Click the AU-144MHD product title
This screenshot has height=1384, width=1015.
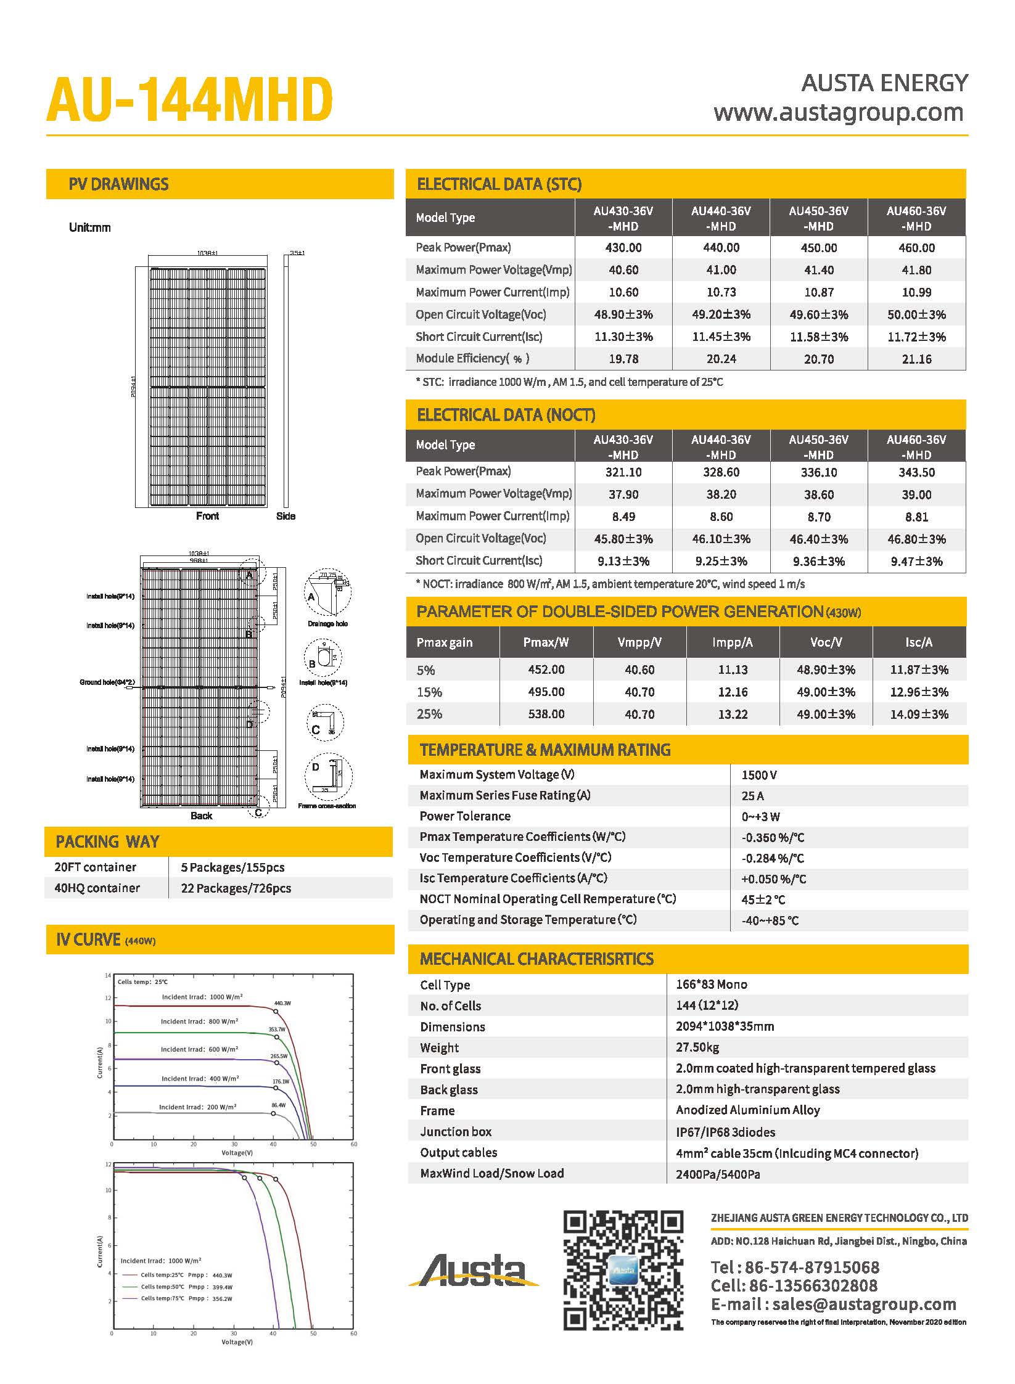(x=189, y=100)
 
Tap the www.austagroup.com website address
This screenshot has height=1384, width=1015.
(x=838, y=113)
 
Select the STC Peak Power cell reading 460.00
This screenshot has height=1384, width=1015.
(x=916, y=248)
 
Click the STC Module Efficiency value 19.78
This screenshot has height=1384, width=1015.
(x=623, y=359)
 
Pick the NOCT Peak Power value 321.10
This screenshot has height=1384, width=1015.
(x=623, y=472)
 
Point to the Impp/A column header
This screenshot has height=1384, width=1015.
(x=733, y=642)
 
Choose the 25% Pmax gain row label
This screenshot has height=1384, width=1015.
(x=429, y=714)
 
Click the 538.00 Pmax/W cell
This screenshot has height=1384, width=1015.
(x=546, y=714)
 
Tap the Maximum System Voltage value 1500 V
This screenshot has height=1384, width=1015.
(x=759, y=775)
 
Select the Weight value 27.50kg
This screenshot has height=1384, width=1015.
(x=697, y=1047)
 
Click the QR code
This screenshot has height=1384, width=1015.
(x=623, y=1270)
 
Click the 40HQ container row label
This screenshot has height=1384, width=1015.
(x=97, y=888)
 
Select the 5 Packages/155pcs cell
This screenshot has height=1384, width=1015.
(x=232, y=867)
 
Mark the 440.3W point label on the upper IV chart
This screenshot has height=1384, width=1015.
(x=282, y=1004)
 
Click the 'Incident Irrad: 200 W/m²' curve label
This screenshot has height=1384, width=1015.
(x=197, y=1107)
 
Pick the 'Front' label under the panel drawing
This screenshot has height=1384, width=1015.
(x=207, y=516)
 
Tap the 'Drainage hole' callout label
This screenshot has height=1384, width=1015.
(x=327, y=624)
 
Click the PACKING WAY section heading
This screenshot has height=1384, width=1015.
(x=107, y=841)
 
